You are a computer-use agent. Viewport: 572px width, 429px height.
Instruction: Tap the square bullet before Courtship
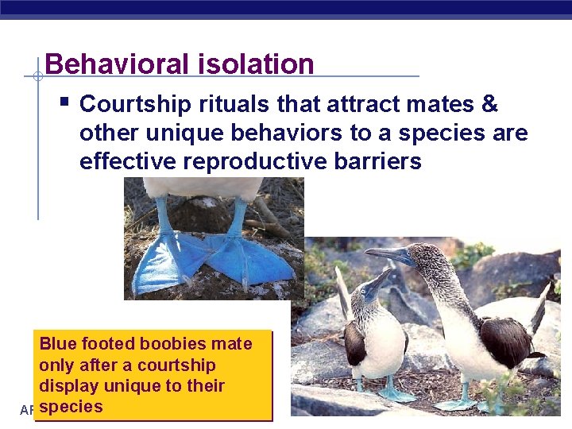click(x=64, y=102)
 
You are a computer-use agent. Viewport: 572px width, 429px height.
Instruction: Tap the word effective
click(x=128, y=161)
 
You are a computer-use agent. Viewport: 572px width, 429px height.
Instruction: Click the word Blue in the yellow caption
click(x=57, y=344)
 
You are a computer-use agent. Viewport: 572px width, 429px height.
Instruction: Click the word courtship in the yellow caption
click(x=176, y=365)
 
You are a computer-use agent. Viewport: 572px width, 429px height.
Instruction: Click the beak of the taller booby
click(x=385, y=254)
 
